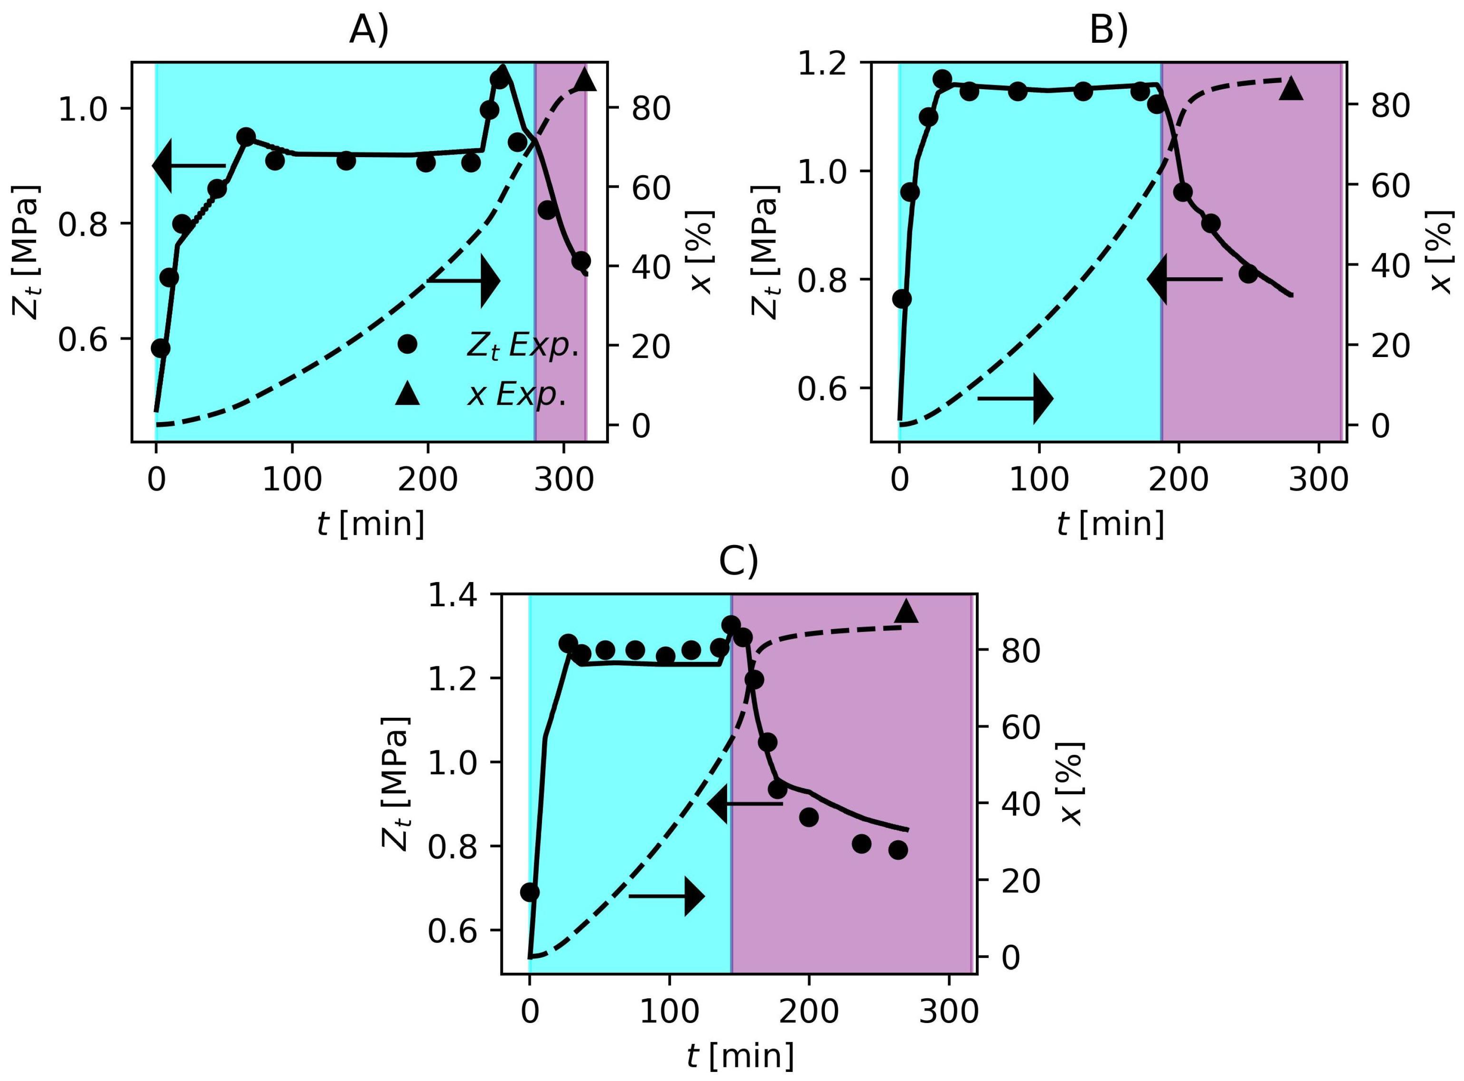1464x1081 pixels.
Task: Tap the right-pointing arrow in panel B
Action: click(1015, 399)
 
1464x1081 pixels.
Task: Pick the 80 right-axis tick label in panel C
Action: click(1021, 652)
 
